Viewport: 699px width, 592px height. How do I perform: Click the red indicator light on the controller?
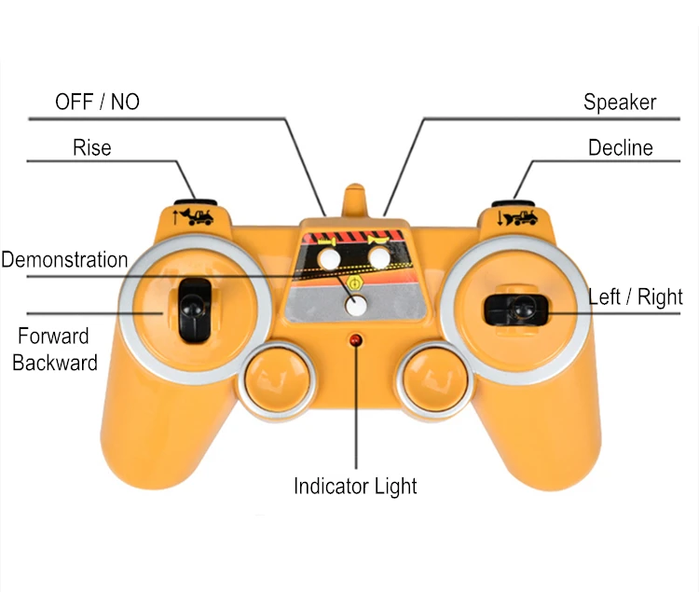click(355, 340)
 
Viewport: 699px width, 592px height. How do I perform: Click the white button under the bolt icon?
click(329, 258)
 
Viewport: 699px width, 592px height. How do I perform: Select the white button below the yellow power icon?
click(356, 306)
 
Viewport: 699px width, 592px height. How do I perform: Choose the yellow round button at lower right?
click(435, 379)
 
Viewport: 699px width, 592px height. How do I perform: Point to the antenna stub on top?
click(355, 200)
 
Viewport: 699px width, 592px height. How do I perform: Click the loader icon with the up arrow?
click(193, 216)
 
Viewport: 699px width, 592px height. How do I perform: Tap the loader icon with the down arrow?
click(517, 217)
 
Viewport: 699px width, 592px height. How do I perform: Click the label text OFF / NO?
click(97, 102)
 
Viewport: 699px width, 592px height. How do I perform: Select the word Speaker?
click(620, 103)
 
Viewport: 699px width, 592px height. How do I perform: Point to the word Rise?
click(92, 147)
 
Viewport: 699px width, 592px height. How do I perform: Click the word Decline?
click(620, 147)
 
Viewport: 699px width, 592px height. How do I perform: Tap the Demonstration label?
click(64, 259)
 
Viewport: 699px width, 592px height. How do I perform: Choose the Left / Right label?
click(636, 297)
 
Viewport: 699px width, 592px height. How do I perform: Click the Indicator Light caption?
click(355, 487)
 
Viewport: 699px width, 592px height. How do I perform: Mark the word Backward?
click(55, 363)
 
